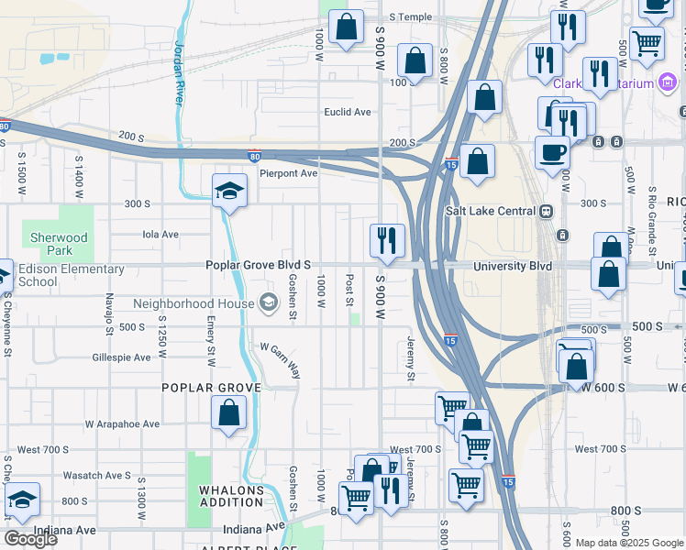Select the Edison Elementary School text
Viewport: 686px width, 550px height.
pyautogui.click(x=71, y=275)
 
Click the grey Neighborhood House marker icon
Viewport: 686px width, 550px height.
pyautogui.click(x=269, y=302)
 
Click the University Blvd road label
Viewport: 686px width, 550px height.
pyautogui.click(x=513, y=266)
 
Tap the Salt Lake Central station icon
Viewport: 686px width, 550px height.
pyautogui.click(x=547, y=211)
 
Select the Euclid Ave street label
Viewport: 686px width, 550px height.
pyautogui.click(x=348, y=112)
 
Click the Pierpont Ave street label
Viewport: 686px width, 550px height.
pyautogui.click(x=287, y=172)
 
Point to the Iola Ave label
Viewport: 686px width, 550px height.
pyautogui.click(x=160, y=234)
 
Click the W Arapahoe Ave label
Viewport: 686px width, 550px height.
pyautogui.click(x=122, y=424)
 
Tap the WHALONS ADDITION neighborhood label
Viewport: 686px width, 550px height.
pyautogui.click(x=232, y=496)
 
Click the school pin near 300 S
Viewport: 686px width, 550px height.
pyautogui.click(x=229, y=191)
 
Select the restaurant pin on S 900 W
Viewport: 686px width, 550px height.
pyautogui.click(x=387, y=240)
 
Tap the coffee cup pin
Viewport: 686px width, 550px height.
pyautogui.click(x=553, y=152)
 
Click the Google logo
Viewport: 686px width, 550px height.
pyautogui.click(x=30, y=539)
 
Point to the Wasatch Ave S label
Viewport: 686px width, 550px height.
pyautogui.click(x=97, y=476)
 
